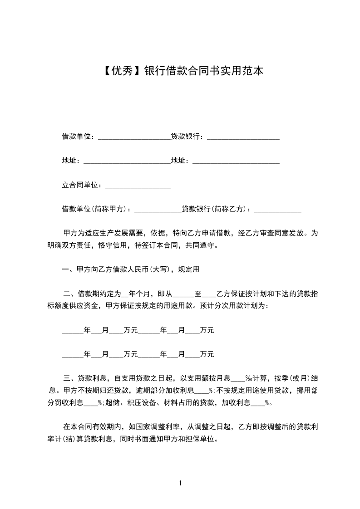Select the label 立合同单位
[x=80, y=185]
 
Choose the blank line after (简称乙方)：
[x=278, y=210]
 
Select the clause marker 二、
[x=71, y=294]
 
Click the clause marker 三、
[x=71, y=378]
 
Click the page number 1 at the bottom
[x=180, y=483]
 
